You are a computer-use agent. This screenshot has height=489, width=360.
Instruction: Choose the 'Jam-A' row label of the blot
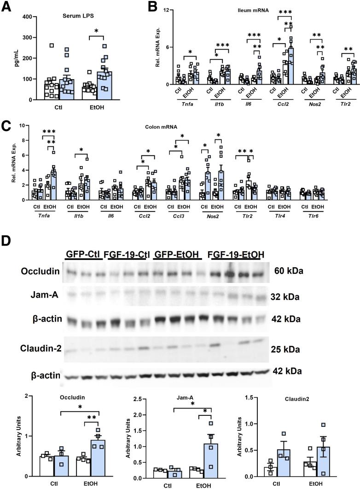[37, 296]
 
